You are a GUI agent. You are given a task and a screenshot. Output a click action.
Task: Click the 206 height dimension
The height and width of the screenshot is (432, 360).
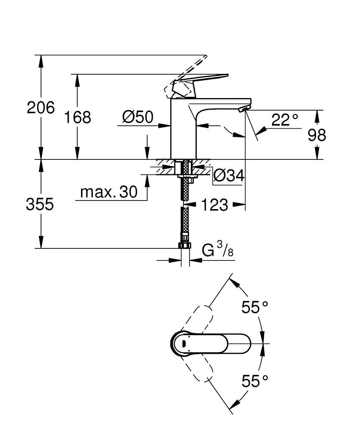point(41,108)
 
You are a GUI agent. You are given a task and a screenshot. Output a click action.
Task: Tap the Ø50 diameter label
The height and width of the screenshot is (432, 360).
point(138,117)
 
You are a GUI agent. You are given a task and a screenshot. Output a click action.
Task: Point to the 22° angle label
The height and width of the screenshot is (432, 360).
point(284,120)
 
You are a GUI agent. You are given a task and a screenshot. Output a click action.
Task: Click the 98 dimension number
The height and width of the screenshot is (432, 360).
point(317,136)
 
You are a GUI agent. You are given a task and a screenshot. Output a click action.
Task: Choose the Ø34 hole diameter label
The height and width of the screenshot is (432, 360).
point(229,175)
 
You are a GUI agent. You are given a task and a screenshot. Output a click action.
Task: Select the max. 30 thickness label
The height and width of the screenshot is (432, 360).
point(108,192)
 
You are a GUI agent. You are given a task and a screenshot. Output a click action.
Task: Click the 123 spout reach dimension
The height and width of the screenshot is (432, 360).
point(215,205)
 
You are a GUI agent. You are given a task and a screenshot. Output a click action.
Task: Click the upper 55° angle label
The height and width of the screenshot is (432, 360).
point(255,308)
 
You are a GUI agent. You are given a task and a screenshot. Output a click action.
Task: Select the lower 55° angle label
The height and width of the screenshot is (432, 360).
point(255,381)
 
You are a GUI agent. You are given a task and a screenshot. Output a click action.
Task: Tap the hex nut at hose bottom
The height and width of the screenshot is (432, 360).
point(184,246)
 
